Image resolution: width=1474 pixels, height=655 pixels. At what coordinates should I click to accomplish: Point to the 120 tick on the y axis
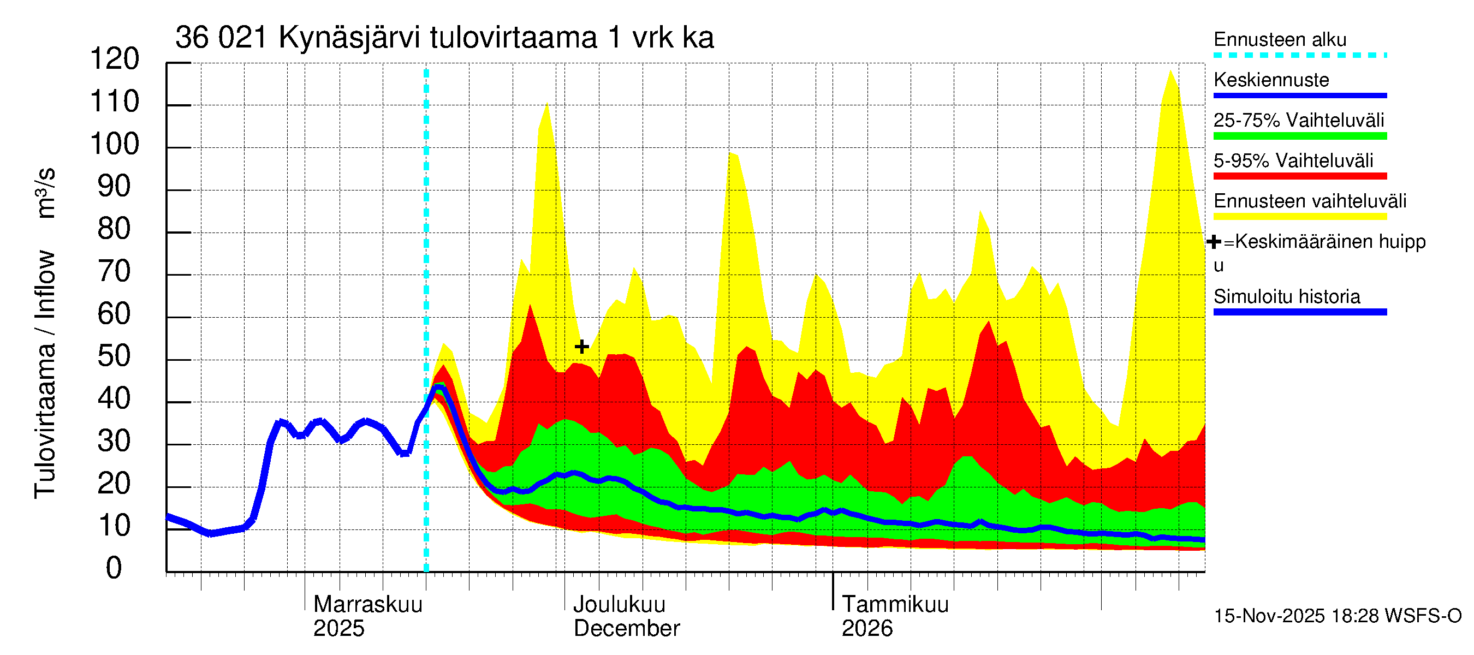tap(115, 59)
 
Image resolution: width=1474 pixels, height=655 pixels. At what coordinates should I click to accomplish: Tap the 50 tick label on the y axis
tap(115, 356)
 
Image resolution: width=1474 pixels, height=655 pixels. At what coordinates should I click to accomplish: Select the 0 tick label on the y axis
tap(114, 568)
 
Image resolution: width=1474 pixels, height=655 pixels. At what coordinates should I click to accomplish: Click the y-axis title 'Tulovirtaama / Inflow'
tap(45, 374)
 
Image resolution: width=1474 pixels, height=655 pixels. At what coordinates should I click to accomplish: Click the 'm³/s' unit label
tap(46, 193)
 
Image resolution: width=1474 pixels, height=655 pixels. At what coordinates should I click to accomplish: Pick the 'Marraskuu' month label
tap(368, 604)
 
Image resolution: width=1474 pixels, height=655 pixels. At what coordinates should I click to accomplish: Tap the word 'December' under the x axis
tap(627, 628)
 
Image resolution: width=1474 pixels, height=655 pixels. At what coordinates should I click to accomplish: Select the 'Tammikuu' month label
tap(895, 604)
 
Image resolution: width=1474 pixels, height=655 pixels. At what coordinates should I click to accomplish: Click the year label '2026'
tap(867, 628)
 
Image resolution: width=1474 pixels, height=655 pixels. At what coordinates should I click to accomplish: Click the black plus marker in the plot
tap(582, 347)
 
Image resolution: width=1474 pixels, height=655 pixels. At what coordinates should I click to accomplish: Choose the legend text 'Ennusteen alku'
tap(1280, 39)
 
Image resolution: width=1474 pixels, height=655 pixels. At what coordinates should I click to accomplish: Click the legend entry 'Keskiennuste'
tap(1271, 80)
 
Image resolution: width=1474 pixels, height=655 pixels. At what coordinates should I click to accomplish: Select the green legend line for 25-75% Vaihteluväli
tap(1300, 136)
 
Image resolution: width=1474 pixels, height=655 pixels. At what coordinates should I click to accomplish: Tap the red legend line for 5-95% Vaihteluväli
tap(1300, 176)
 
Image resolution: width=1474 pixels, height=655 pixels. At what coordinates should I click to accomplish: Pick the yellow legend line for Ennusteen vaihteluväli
tap(1300, 217)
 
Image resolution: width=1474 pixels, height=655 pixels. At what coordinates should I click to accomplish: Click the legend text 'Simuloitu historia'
tap(1287, 296)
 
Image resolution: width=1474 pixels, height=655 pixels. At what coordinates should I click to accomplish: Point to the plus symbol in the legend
tap(1214, 242)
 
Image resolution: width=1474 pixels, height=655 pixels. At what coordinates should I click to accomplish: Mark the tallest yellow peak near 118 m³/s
tap(1170, 71)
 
